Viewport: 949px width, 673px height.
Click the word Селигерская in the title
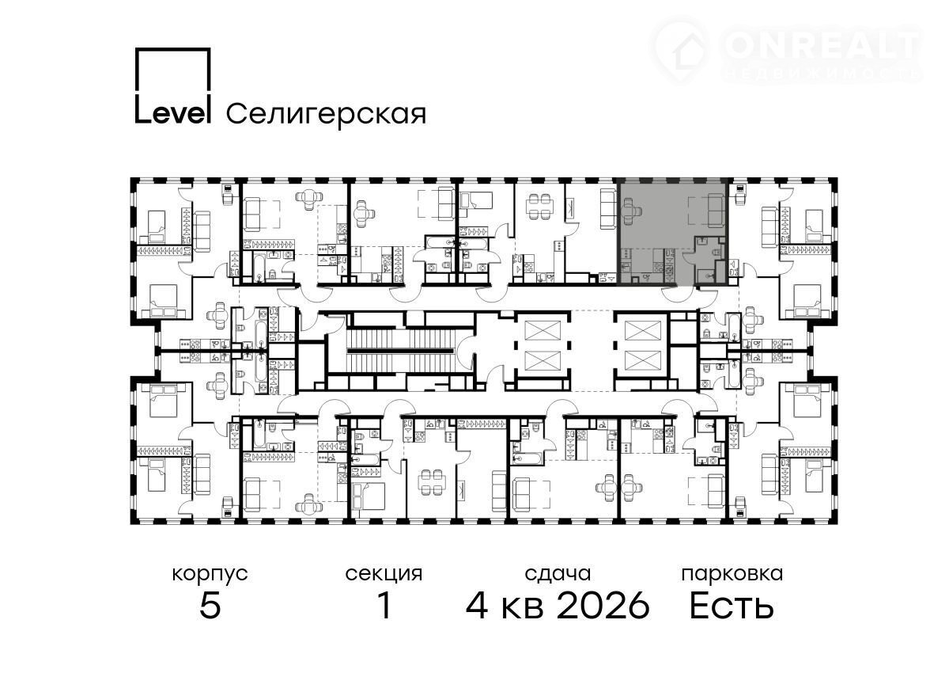326,114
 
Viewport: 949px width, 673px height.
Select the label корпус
210,575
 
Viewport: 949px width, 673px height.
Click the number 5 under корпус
210,606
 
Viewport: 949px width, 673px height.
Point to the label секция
384,575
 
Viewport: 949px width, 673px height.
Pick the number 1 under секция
384,606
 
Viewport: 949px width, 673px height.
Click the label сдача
558,575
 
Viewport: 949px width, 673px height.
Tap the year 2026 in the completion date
603,606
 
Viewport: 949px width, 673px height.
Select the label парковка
732,575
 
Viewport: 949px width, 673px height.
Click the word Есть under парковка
732,606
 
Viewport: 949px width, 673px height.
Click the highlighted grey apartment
672,231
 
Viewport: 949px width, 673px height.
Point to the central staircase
399,351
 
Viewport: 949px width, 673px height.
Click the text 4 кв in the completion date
505,606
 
